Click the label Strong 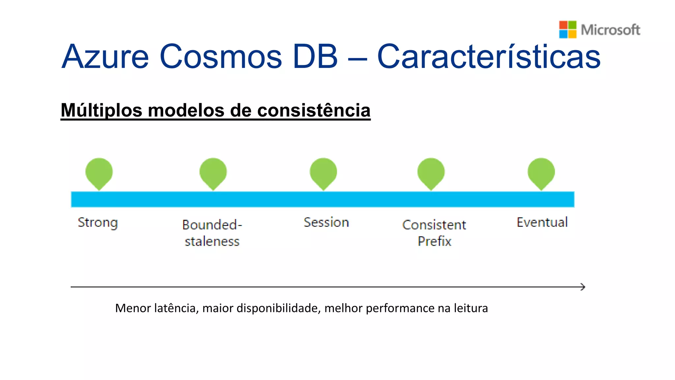98,223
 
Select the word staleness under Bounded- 212,241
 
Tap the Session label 326,222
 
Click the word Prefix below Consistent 434,241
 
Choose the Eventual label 542,222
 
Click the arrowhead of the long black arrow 583,287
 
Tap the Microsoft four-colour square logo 568,30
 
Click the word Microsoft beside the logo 610,30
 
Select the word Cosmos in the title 220,57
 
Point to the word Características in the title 489,57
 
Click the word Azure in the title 105,57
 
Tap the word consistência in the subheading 314,111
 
